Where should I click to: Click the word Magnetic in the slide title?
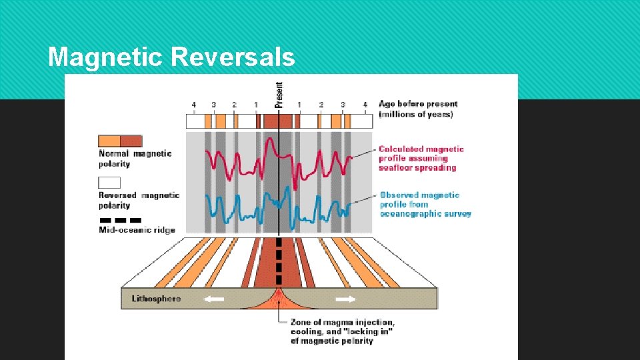106,57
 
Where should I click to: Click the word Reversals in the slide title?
233,57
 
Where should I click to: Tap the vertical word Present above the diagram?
279,95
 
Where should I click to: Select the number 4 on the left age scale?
193,105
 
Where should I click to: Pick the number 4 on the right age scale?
365,105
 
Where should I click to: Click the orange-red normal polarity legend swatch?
120,141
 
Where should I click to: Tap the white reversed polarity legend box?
109,182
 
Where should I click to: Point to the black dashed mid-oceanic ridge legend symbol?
120,220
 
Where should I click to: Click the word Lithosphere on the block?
156,299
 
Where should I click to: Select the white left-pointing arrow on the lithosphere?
213,299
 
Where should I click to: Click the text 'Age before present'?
418,104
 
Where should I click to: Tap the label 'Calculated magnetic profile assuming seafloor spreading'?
421,158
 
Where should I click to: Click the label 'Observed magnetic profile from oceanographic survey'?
425,204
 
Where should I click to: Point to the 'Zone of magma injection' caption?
342,332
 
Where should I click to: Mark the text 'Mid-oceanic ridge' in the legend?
137,230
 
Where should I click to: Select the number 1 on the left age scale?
255,105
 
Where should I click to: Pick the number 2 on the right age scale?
321,105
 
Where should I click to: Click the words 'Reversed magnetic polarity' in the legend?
139,200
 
